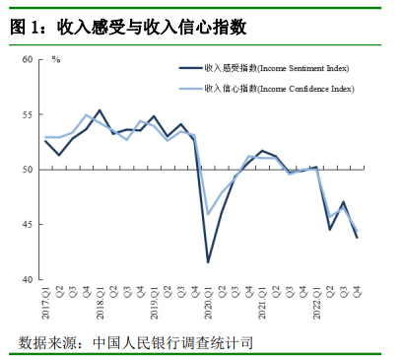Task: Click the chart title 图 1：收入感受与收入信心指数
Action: point(128,27)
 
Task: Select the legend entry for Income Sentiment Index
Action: point(264,68)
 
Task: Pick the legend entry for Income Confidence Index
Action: point(266,89)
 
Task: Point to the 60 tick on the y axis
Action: point(28,59)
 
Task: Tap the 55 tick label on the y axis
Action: point(28,114)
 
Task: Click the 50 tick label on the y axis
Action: point(28,170)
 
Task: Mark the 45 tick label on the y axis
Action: point(28,225)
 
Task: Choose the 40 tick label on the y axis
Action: point(28,280)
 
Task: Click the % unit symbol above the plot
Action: point(56,59)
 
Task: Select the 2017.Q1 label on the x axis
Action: point(45,303)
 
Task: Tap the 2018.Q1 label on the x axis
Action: point(100,303)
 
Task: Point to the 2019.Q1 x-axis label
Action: point(154,303)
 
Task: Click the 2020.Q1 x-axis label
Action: point(208,303)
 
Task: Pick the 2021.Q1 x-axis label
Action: point(262,303)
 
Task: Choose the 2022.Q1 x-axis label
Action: point(316,303)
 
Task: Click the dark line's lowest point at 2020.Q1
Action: point(208,262)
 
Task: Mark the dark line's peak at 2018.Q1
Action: point(100,110)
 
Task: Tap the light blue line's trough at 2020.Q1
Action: point(208,215)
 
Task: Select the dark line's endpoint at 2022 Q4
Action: point(357,238)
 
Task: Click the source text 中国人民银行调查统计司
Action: point(173,343)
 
